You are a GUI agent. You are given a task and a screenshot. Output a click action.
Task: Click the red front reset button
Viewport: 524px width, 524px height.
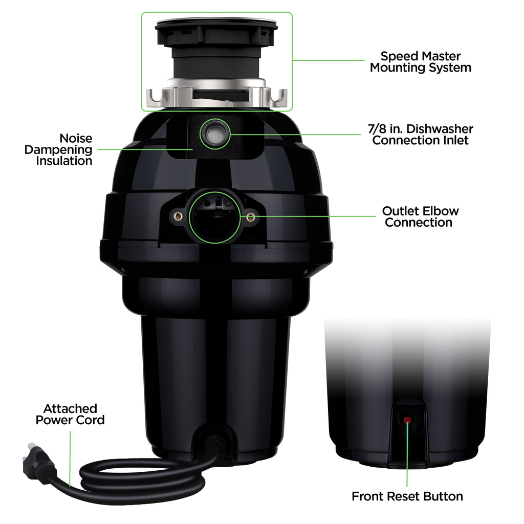(407, 420)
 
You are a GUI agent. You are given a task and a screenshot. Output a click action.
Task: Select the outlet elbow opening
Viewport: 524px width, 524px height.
(215, 217)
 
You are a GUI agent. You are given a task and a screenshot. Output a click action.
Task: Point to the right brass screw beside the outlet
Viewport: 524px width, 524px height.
(250, 217)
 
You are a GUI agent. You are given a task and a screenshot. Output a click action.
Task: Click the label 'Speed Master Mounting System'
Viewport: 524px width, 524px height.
(420, 62)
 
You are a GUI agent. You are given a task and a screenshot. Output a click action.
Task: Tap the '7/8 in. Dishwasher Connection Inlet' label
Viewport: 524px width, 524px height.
(422, 135)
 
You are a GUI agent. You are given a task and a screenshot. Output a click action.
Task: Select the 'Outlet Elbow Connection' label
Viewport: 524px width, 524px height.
(420, 216)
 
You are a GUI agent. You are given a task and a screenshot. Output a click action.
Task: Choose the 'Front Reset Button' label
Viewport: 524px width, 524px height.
(407, 496)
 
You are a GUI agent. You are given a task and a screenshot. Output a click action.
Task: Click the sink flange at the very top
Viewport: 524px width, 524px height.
(216, 24)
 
